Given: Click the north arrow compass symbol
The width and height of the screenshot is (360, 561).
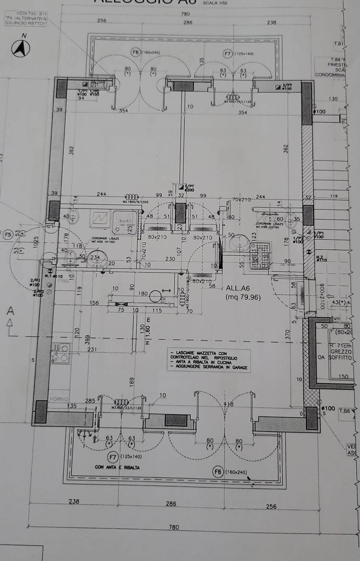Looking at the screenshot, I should pos(21,48).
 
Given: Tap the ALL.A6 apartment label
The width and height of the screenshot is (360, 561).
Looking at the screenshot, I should pos(238,288).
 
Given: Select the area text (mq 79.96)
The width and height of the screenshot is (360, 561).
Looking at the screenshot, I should pos(243,297).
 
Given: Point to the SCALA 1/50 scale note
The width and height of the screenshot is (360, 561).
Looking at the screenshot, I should pos(215,3).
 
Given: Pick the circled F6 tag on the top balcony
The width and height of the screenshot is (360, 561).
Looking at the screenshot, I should pos(135,52).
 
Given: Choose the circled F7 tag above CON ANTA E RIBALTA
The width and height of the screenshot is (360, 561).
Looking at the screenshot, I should pos(113,457).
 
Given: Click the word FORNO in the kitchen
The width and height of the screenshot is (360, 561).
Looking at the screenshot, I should pos(59,399).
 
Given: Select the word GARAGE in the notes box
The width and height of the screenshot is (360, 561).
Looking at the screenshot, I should pos(240,367).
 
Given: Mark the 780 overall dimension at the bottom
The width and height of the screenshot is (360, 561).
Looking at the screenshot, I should pos(174,527).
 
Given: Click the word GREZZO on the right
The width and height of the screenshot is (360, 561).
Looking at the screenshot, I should pos(341,352).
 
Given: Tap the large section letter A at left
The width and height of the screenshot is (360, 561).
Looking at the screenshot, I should pos(11,311).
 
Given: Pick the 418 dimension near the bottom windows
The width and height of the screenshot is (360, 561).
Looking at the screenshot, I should pos(229,404).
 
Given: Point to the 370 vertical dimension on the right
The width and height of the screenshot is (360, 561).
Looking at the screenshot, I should pos(288,335).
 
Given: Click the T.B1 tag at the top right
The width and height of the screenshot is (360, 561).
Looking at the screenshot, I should pos(339,44).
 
